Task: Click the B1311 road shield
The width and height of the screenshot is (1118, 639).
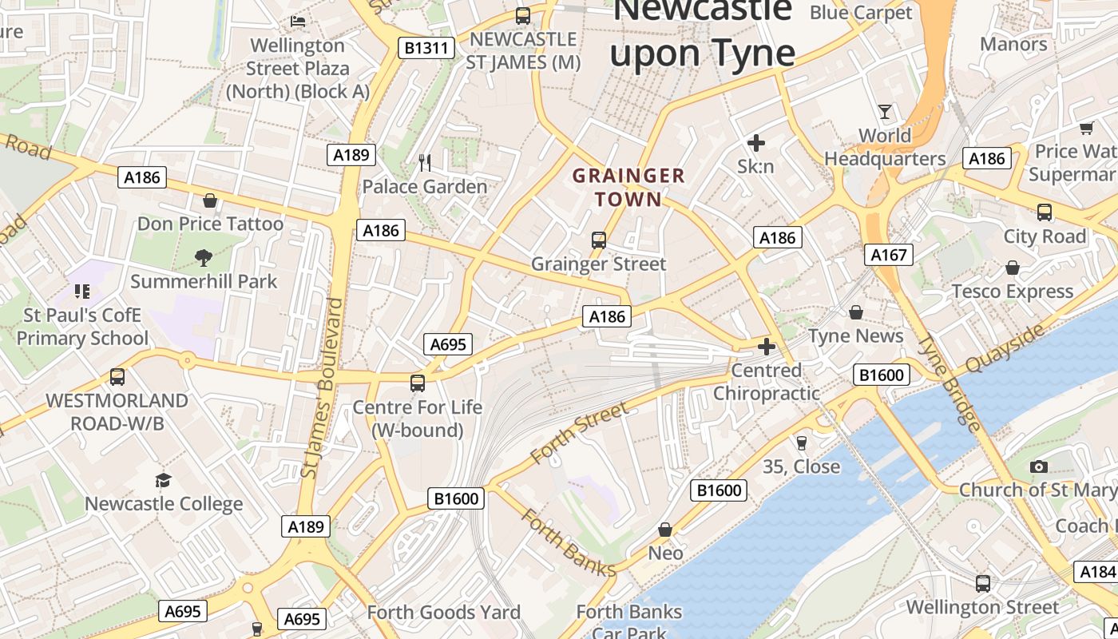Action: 426,48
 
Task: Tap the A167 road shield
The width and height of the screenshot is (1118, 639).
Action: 889,255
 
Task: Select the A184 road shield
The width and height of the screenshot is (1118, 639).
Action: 1096,572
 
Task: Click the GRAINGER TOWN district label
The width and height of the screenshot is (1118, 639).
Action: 628,187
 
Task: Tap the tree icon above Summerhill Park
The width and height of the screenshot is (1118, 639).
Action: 203,257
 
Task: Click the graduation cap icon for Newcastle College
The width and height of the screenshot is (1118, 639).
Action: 164,480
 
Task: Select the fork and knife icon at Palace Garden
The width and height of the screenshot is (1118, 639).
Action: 425,163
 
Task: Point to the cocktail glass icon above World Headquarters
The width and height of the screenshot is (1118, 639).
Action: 885,111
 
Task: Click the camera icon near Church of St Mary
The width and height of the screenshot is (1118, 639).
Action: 1038,466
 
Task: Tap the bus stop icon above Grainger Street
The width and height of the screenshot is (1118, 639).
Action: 598,240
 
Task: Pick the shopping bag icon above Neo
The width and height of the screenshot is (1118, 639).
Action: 664,530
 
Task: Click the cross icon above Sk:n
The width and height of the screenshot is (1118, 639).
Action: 755,143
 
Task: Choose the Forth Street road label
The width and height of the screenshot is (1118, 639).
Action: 579,434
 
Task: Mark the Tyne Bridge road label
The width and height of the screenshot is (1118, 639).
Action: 949,383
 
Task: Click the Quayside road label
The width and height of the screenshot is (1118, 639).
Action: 1004,348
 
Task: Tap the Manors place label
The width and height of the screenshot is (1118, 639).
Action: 1013,44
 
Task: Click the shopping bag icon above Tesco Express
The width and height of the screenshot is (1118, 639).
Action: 1012,268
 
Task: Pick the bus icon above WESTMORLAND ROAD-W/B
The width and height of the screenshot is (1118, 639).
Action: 117,376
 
